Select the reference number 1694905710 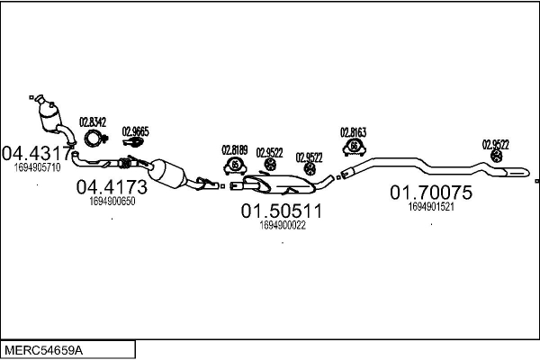(x=37, y=167)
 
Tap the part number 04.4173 (x=111, y=187)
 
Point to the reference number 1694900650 (x=112, y=202)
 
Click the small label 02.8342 (x=93, y=121)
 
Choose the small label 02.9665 (x=135, y=131)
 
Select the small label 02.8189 (x=234, y=150)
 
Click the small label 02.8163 (x=353, y=131)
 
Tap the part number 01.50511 (x=280, y=211)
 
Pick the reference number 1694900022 (x=281, y=225)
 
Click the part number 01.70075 (x=430, y=192)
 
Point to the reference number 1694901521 (x=430, y=206)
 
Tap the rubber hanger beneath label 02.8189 (x=234, y=166)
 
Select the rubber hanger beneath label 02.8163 (x=354, y=146)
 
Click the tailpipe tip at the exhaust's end (x=519, y=171)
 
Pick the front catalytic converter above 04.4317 (x=51, y=119)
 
